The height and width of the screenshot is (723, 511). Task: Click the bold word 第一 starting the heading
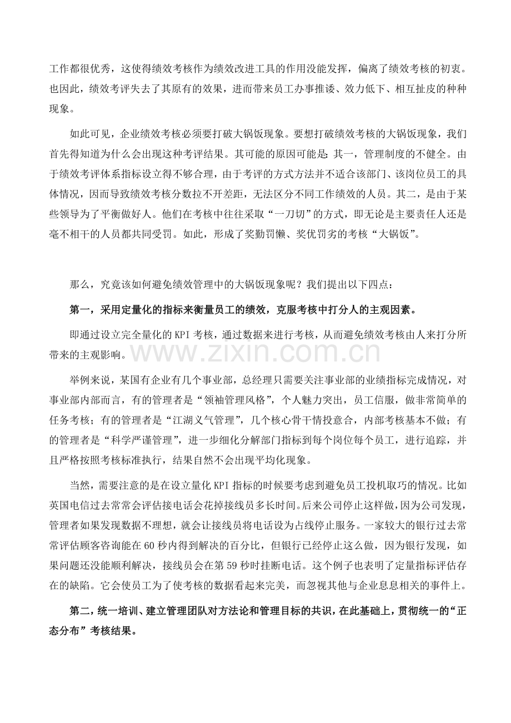coord(78,309)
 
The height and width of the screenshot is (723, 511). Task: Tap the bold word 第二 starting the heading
coord(78,611)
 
